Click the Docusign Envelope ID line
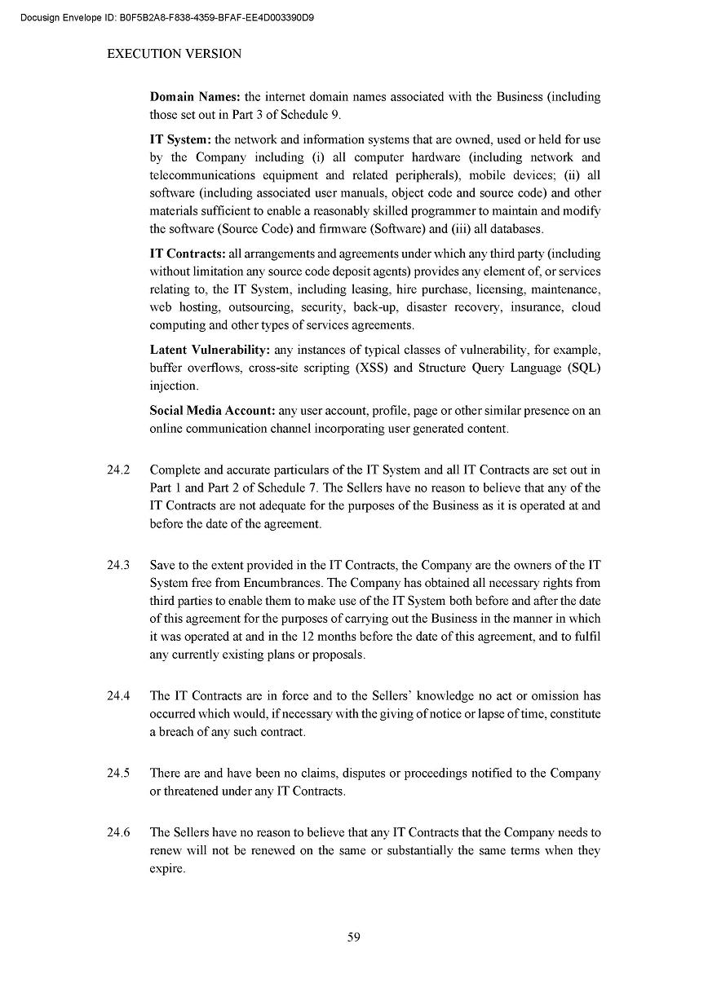click(168, 17)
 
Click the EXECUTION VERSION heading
click(175, 54)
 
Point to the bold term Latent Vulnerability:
click(210, 350)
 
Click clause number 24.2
click(118, 470)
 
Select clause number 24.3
click(118, 565)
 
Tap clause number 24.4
click(118, 696)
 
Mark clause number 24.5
click(118, 773)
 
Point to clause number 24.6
click(118, 833)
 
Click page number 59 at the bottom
click(354, 937)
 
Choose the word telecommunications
click(202, 175)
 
